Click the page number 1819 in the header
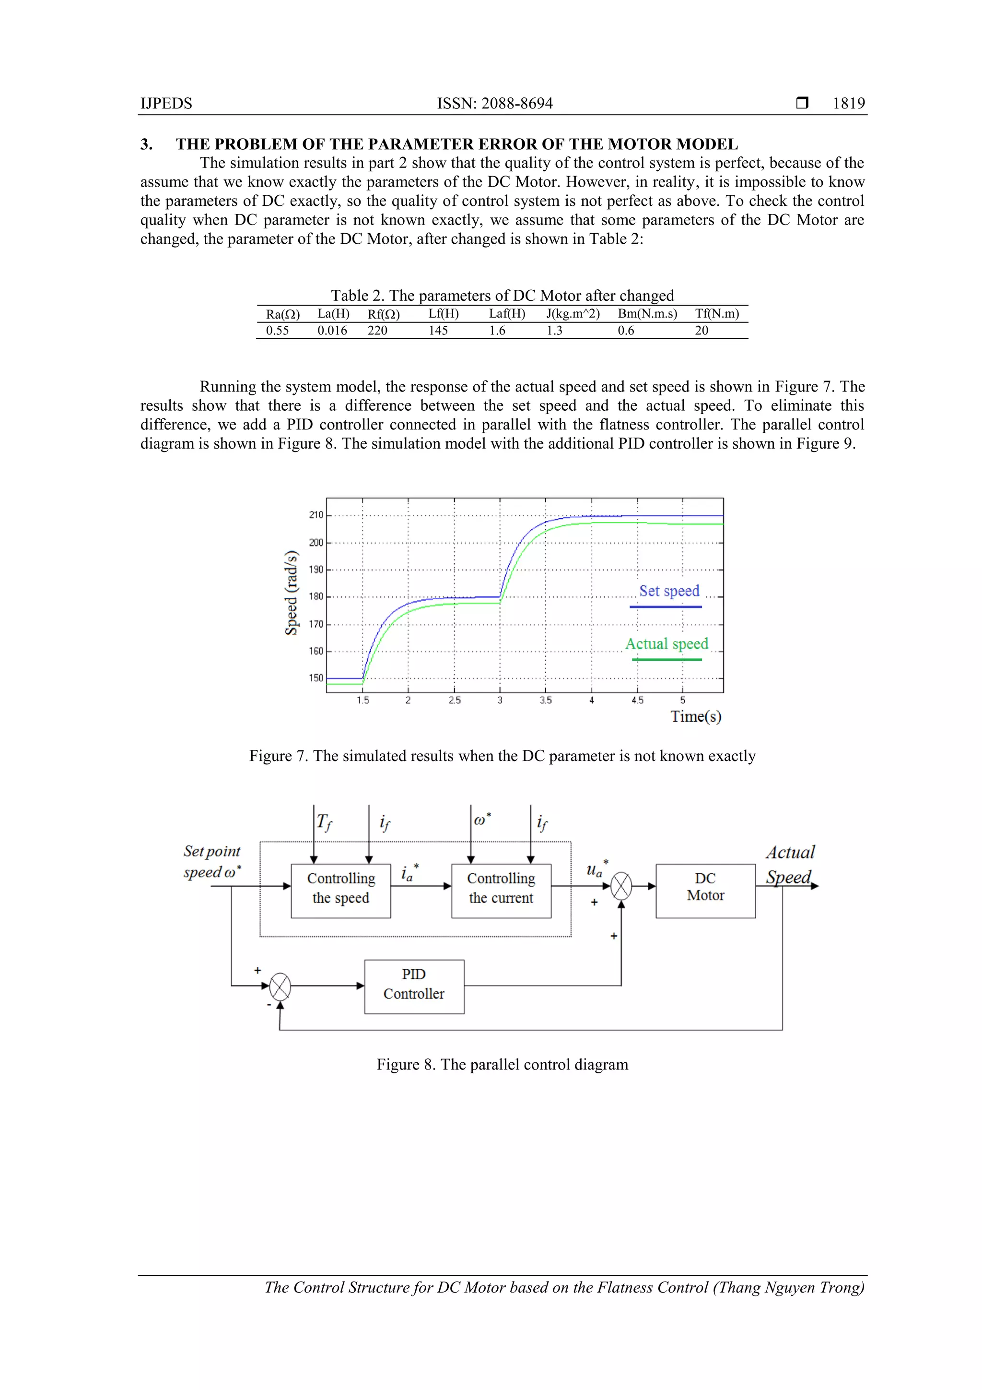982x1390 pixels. pyautogui.click(x=848, y=104)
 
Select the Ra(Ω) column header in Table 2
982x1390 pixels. pyautogui.click(x=282, y=314)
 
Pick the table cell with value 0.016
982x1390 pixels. pyautogui.click(x=332, y=331)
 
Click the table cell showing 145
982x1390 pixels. pyautogui.click(x=438, y=331)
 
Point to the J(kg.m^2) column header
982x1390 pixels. pyautogui.click(x=573, y=314)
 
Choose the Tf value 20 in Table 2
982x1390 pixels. pyautogui.click(x=701, y=331)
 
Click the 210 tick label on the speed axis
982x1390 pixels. pyautogui.click(x=316, y=515)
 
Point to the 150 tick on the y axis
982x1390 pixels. pyautogui.click(x=316, y=678)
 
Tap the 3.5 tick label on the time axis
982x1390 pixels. pyautogui.click(x=546, y=701)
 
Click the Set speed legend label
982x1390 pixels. pyautogui.click(x=669, y=591)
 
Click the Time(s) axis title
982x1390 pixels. pyautogui.click(x=696, y=717)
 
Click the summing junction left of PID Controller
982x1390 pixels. pyautogui.click(x=280, y=986)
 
